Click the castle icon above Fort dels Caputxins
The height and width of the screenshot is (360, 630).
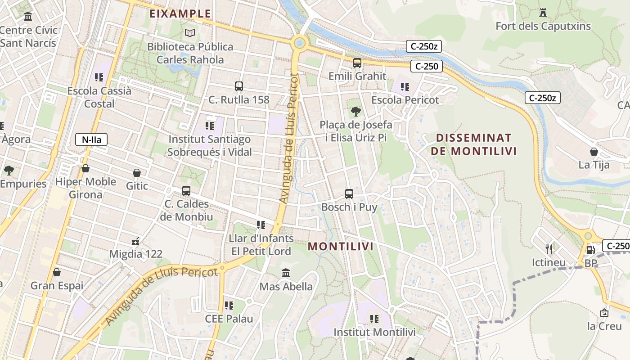pyautogui.click(x=543, y=12)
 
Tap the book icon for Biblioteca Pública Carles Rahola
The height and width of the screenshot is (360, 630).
pyautogui.click(x=190, y=33)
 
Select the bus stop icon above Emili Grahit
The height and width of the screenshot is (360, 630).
pyautogui.click(x=357, y=63)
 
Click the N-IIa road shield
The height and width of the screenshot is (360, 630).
pyautogui.click(x=91, y=139)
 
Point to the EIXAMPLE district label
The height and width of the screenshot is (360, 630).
pyautogui.click(x=180, y=13)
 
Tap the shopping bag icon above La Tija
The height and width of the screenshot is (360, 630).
pyautogui.click(x=594, y=152)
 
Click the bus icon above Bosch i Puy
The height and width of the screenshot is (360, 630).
pyautogui.click(x=349, y=194)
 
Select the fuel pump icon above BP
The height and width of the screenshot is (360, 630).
pyautogui.click(x=590, y=250)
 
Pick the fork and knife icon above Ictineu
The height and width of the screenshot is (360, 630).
pyautogui.click(x=549, y=249)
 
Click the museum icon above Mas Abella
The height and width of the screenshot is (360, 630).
pyautogui.click(x=286, y=273)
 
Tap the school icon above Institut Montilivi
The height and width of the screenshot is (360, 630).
pyautogui.click(x=374, y=319)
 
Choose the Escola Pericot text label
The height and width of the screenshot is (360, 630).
pyautogui.click(x=405, y=100)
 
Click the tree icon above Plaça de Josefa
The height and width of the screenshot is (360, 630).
pyautogui.click(x=355, y=111)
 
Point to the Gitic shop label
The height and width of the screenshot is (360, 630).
pyautogui.click(x=137, y=186)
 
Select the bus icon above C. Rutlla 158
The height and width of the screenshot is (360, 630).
pyautogui.click(x=239, y=86)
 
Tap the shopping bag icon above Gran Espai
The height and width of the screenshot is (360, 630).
pyautogui.click(x=57, y=272)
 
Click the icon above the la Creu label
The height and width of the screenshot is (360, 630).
pyautogui.click(x=604, y=313)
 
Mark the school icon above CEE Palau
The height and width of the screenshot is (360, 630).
pyautogui.click(x=229, y=306)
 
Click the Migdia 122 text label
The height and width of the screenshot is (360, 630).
pyautogui.click(x=136, y=254)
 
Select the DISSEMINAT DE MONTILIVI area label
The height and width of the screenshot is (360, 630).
pyautogui.click(x=473, y=144)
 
